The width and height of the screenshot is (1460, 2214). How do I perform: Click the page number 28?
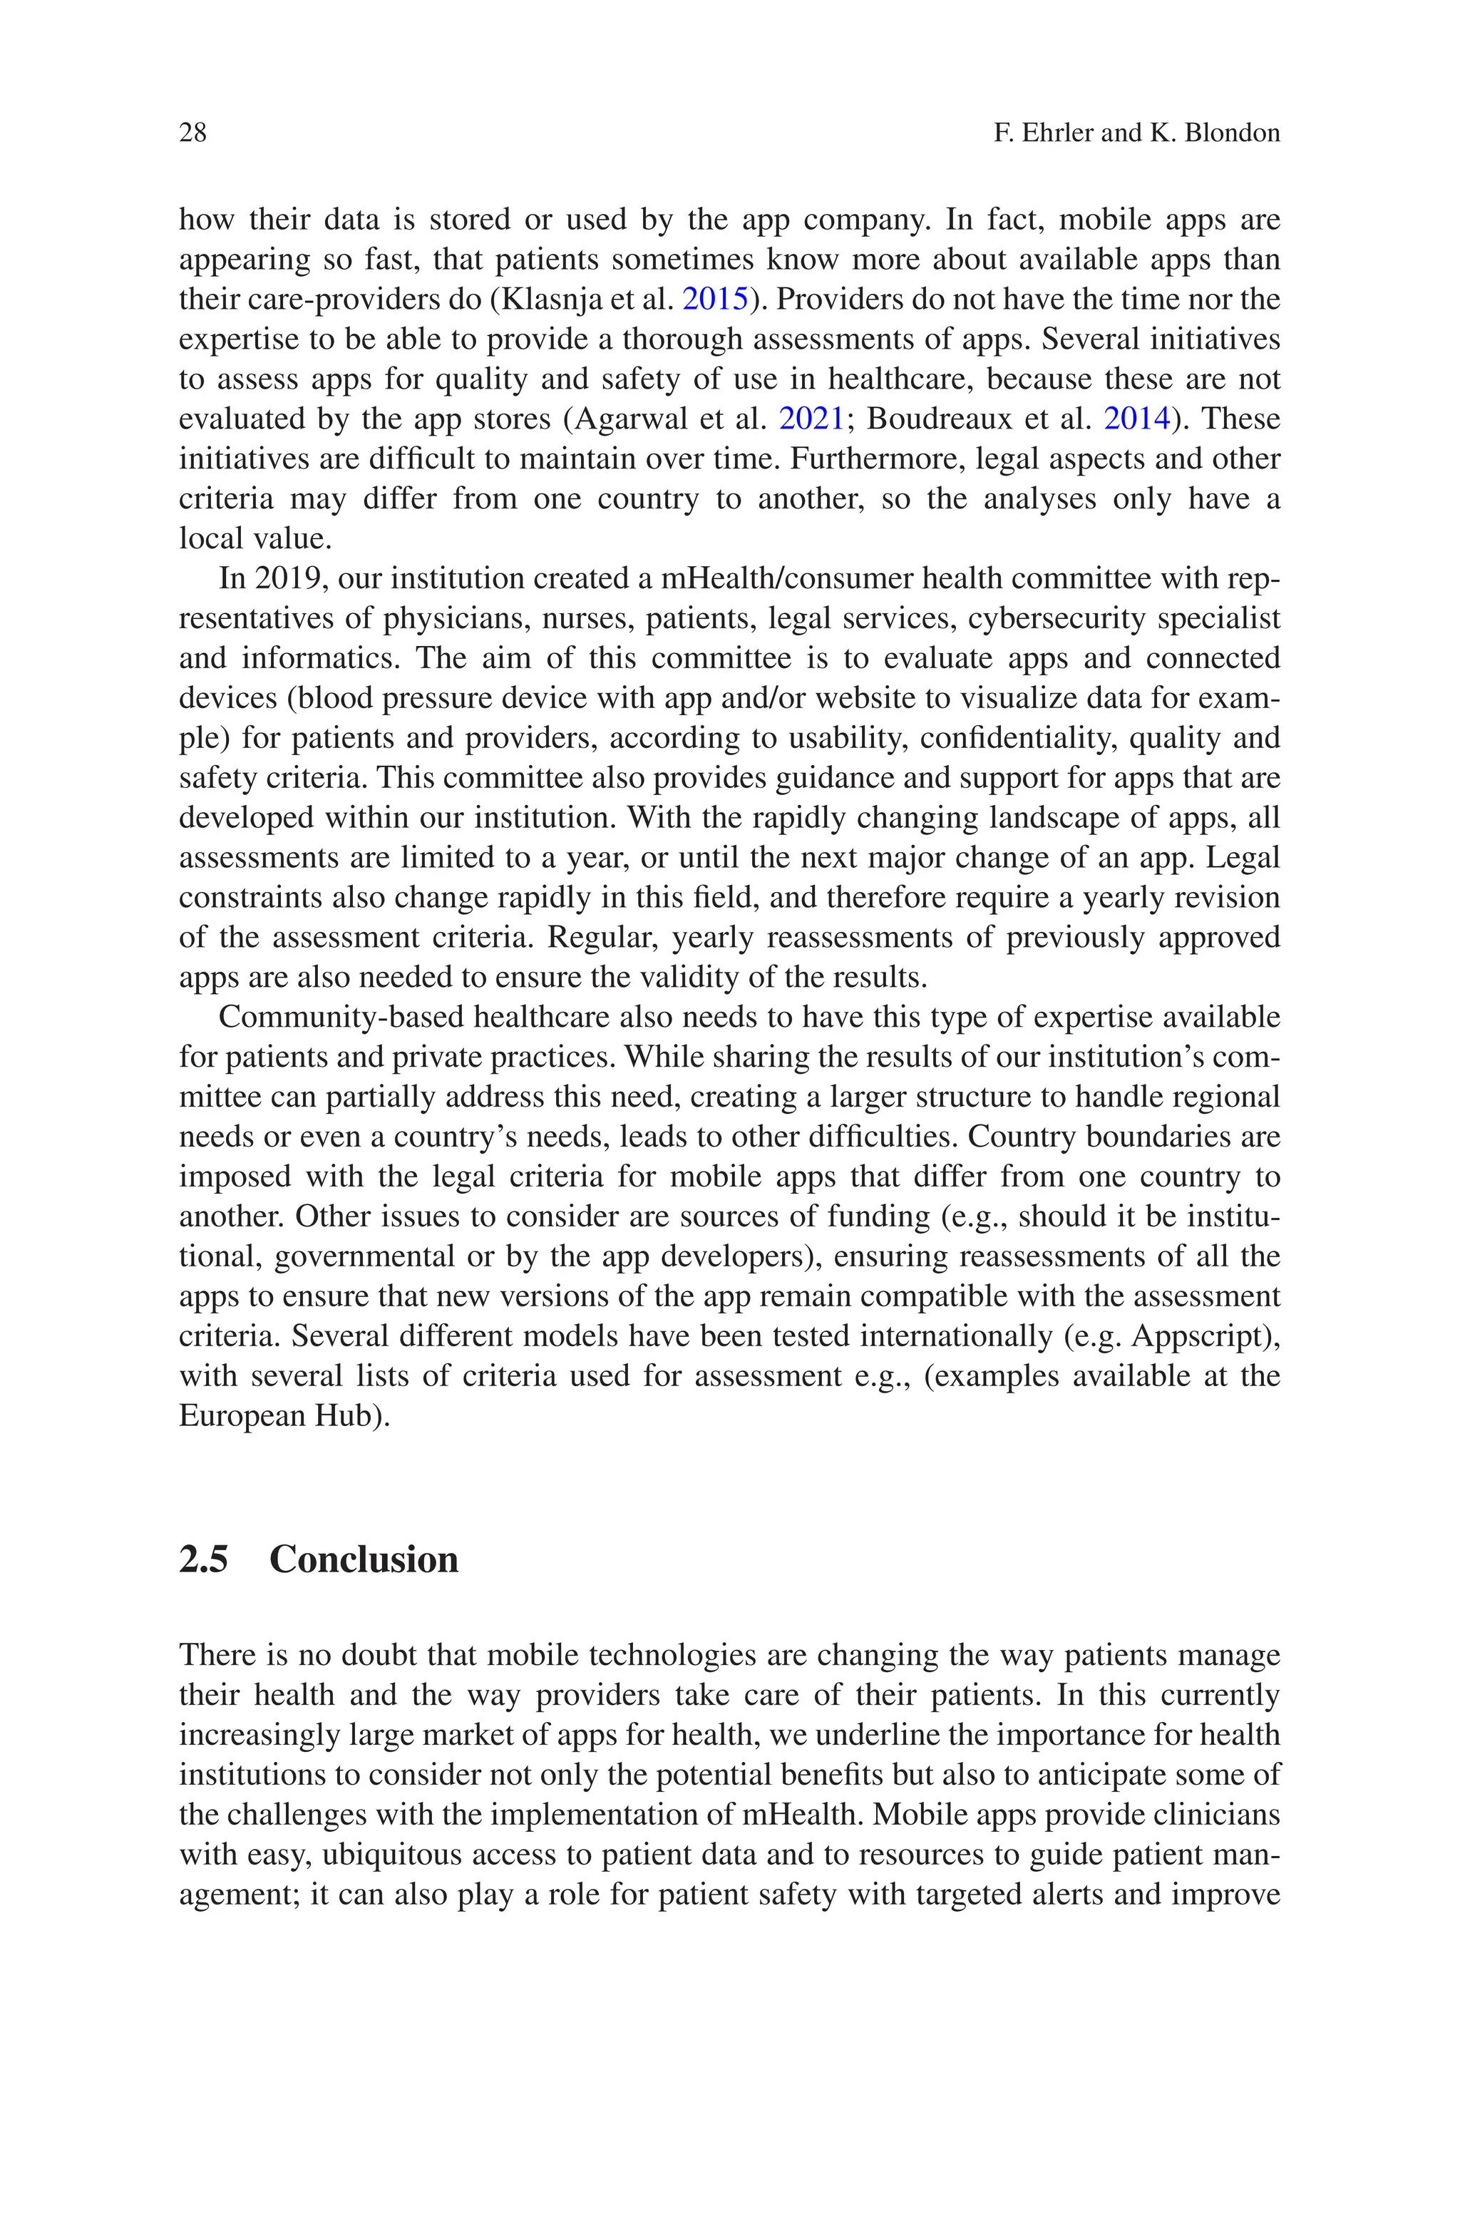(x=192, y=133)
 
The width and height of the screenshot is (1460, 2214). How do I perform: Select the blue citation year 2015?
(x=715, y=299)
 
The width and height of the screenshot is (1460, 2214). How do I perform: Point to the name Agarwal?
(x=629, y=419)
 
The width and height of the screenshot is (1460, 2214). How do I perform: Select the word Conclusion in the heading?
(x=364, y=1559)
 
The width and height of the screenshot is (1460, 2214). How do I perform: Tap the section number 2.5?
(x=204, y=1559)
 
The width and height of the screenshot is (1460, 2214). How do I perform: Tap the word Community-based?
(x=343, y=1017)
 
